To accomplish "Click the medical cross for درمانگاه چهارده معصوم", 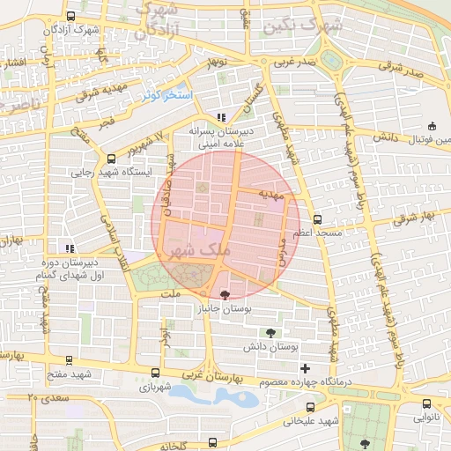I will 305,367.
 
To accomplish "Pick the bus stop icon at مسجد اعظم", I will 317,219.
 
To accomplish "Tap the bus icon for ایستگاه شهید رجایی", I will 110,159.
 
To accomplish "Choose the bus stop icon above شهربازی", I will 156,373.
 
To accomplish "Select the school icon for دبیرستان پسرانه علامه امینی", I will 221,116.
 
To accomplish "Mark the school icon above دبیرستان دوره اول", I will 69,248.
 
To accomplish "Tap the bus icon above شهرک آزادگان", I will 70,16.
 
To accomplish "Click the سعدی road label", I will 51,398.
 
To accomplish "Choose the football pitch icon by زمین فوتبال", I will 432,126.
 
